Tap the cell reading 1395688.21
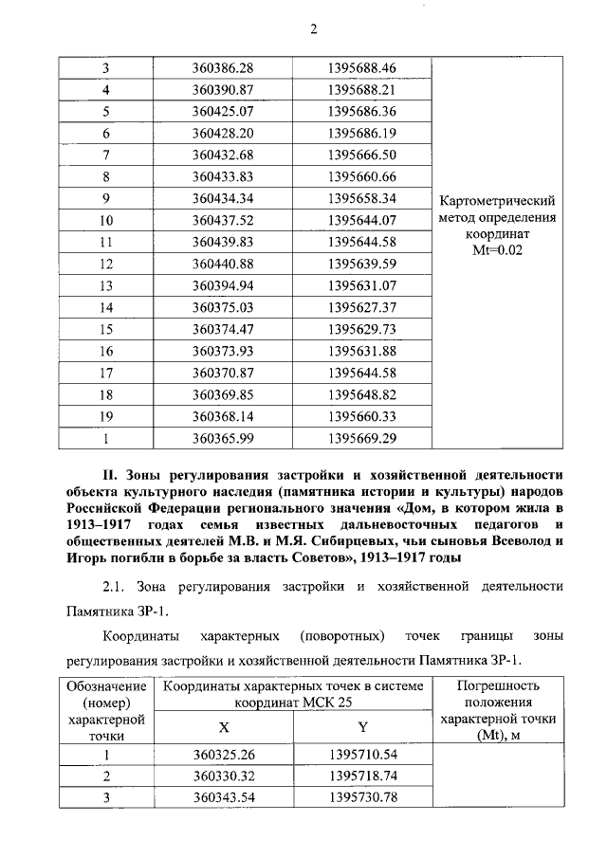(361, 90)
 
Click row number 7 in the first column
(107, 155)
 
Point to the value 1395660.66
(361, 177)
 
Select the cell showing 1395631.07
(361, 286)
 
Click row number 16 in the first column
(107, 352)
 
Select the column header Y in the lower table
(362, 727)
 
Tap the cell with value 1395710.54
(361, 755)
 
